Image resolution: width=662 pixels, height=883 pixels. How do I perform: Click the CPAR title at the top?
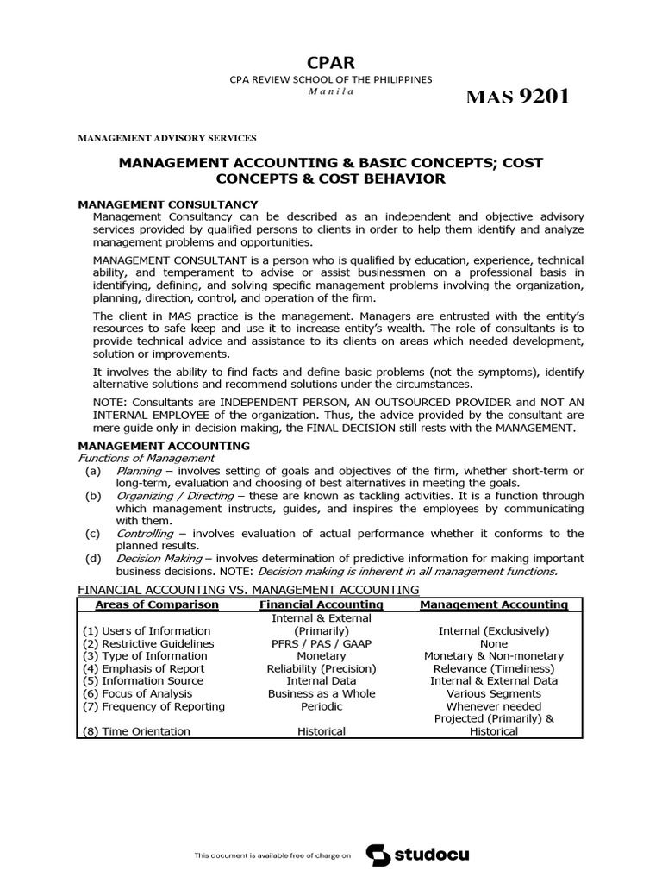[330, 62]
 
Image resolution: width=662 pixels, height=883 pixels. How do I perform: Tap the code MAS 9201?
[517, 97]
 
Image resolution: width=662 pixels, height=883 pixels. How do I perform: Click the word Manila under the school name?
[330, 92]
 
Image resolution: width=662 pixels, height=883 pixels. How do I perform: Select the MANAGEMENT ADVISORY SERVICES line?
[167, 137]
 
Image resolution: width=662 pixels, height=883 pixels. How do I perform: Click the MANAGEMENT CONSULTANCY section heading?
[168, 204]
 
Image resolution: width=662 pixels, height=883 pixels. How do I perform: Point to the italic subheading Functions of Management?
[147, 458]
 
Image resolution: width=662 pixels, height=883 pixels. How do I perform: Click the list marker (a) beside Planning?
[92, 471]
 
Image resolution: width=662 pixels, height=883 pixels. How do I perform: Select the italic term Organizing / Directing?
[175, 496]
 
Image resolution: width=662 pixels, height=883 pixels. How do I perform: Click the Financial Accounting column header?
[309, 604]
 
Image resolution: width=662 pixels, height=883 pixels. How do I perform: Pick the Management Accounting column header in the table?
[494, 604]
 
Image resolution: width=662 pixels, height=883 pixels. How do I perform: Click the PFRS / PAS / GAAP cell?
[309, 643]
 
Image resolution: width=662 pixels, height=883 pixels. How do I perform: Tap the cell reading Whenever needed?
[494, 706]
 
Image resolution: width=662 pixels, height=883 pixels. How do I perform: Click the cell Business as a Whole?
[309, 693]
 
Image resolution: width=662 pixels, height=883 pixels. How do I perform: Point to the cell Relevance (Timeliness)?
[494, 668]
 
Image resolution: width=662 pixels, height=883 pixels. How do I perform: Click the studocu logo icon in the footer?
[378, 855]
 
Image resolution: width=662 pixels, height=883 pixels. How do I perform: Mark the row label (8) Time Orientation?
[136, 731]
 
